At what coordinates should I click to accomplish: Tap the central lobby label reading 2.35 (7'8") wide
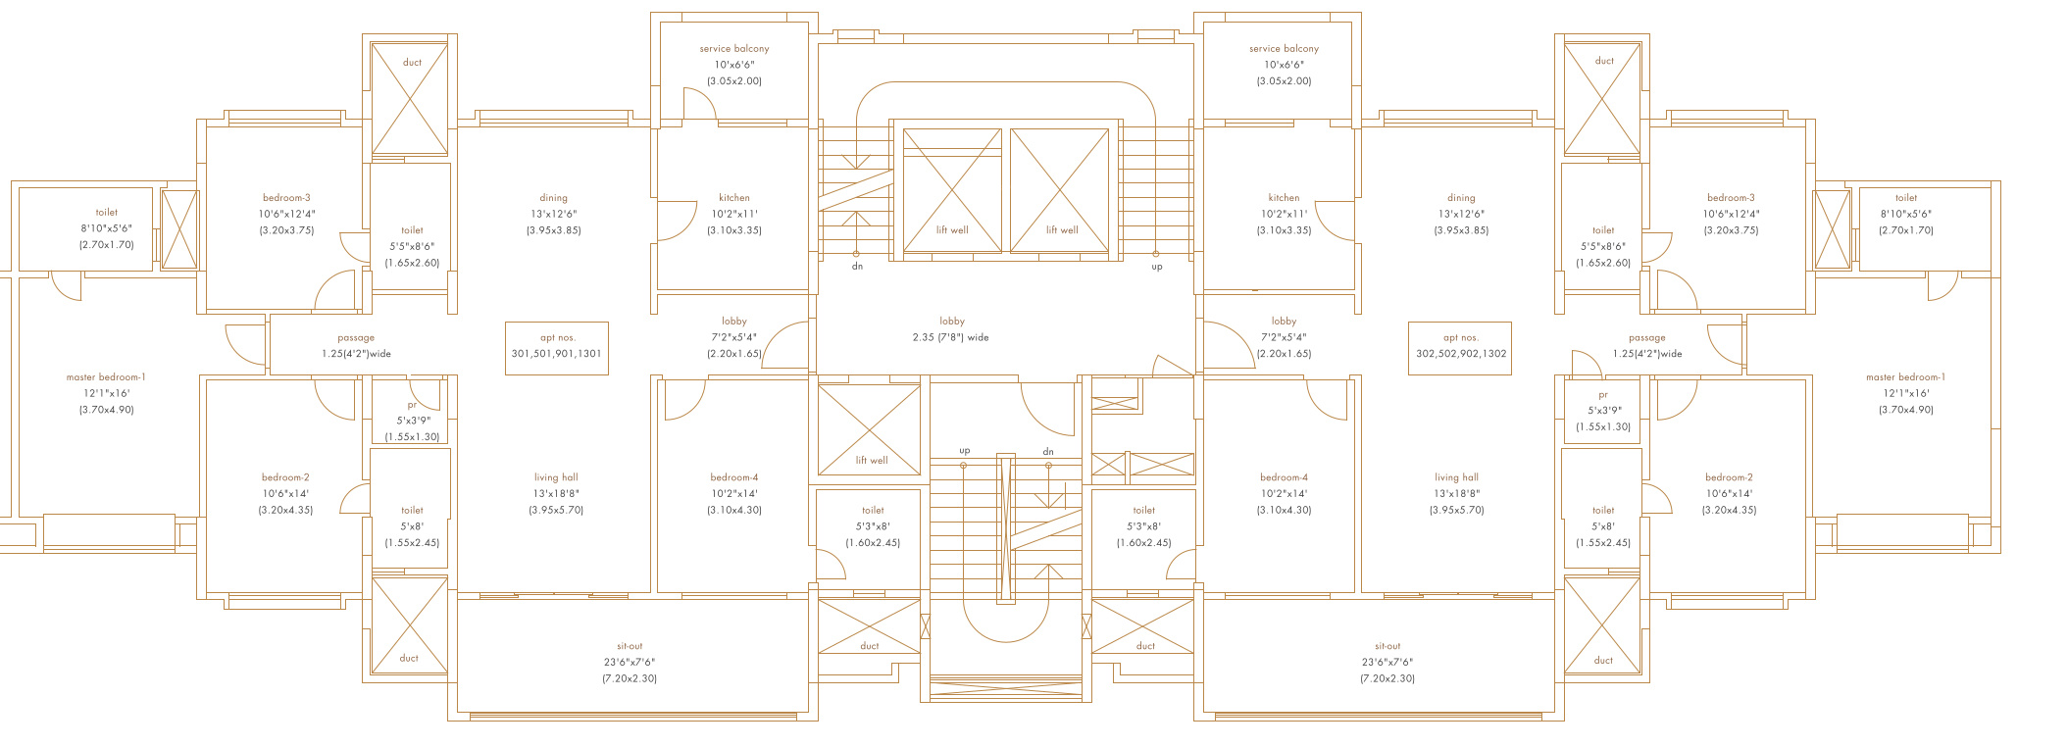coord(951,329)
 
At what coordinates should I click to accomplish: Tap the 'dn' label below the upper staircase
coord(857,267)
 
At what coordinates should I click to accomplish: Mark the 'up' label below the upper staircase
coord(1157,267)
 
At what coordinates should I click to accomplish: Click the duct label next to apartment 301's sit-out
coord(409,658)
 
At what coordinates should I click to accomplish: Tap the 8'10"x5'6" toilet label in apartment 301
coord(106,228)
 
